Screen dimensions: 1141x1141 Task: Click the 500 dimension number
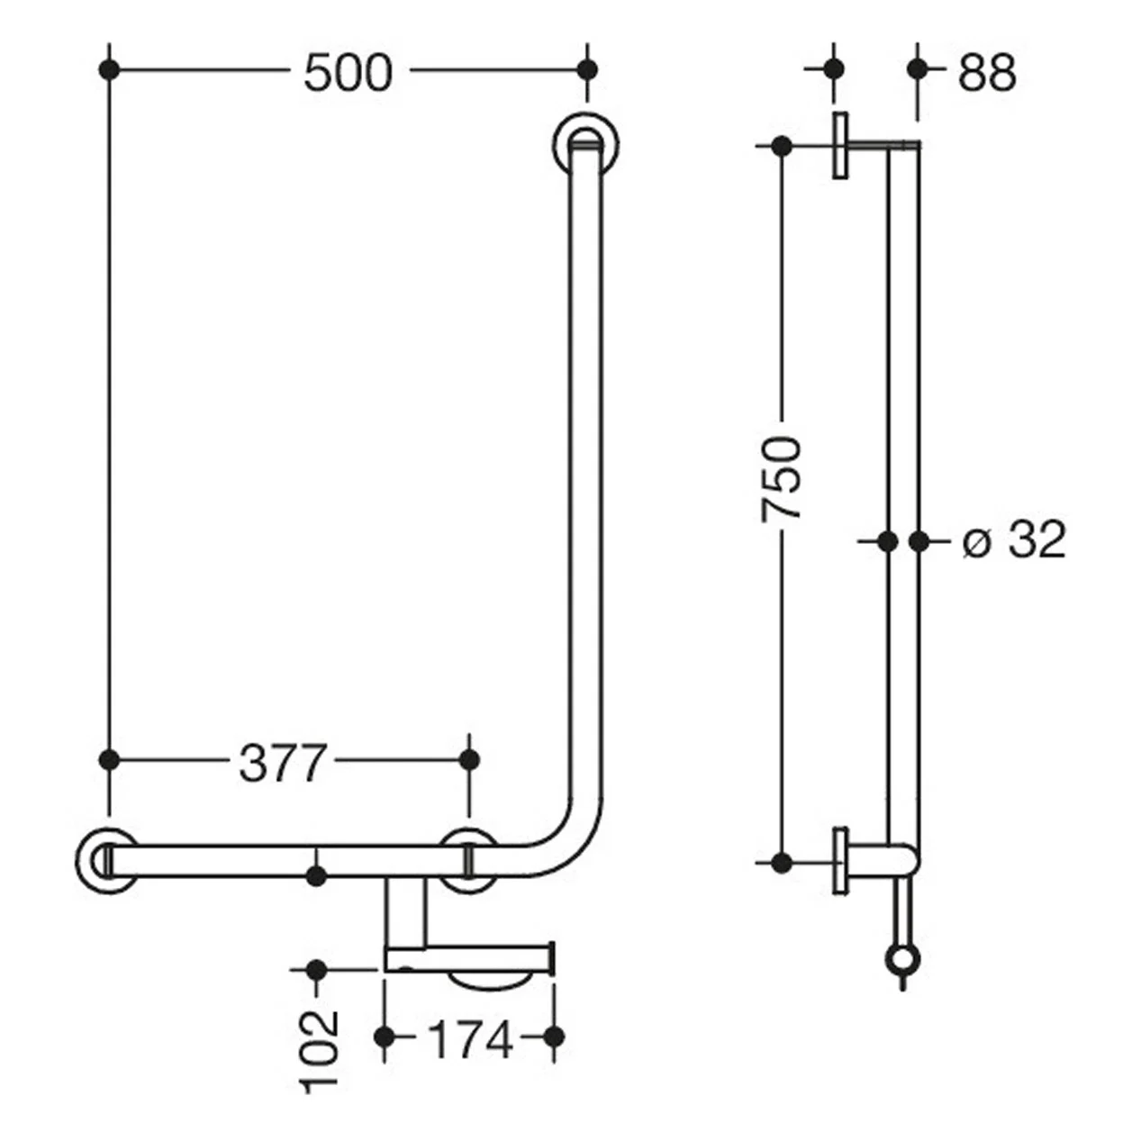[x=348, y=73]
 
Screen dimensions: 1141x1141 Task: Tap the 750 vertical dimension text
[x=781, y=478]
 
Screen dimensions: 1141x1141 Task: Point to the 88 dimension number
[x=987, y=73]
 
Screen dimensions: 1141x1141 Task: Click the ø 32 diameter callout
[x=1014, y=539]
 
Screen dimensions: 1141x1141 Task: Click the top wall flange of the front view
[x=587, y=144]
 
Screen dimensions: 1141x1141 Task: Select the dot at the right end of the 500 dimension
[x=587, y=70]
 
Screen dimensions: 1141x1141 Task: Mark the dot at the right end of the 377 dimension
[x=469, y=760]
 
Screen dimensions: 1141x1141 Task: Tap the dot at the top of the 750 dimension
[x=783, y=146]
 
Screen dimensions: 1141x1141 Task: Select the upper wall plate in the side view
[x=840, y=145]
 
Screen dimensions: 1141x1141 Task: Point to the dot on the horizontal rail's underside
[x=317, y=875]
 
